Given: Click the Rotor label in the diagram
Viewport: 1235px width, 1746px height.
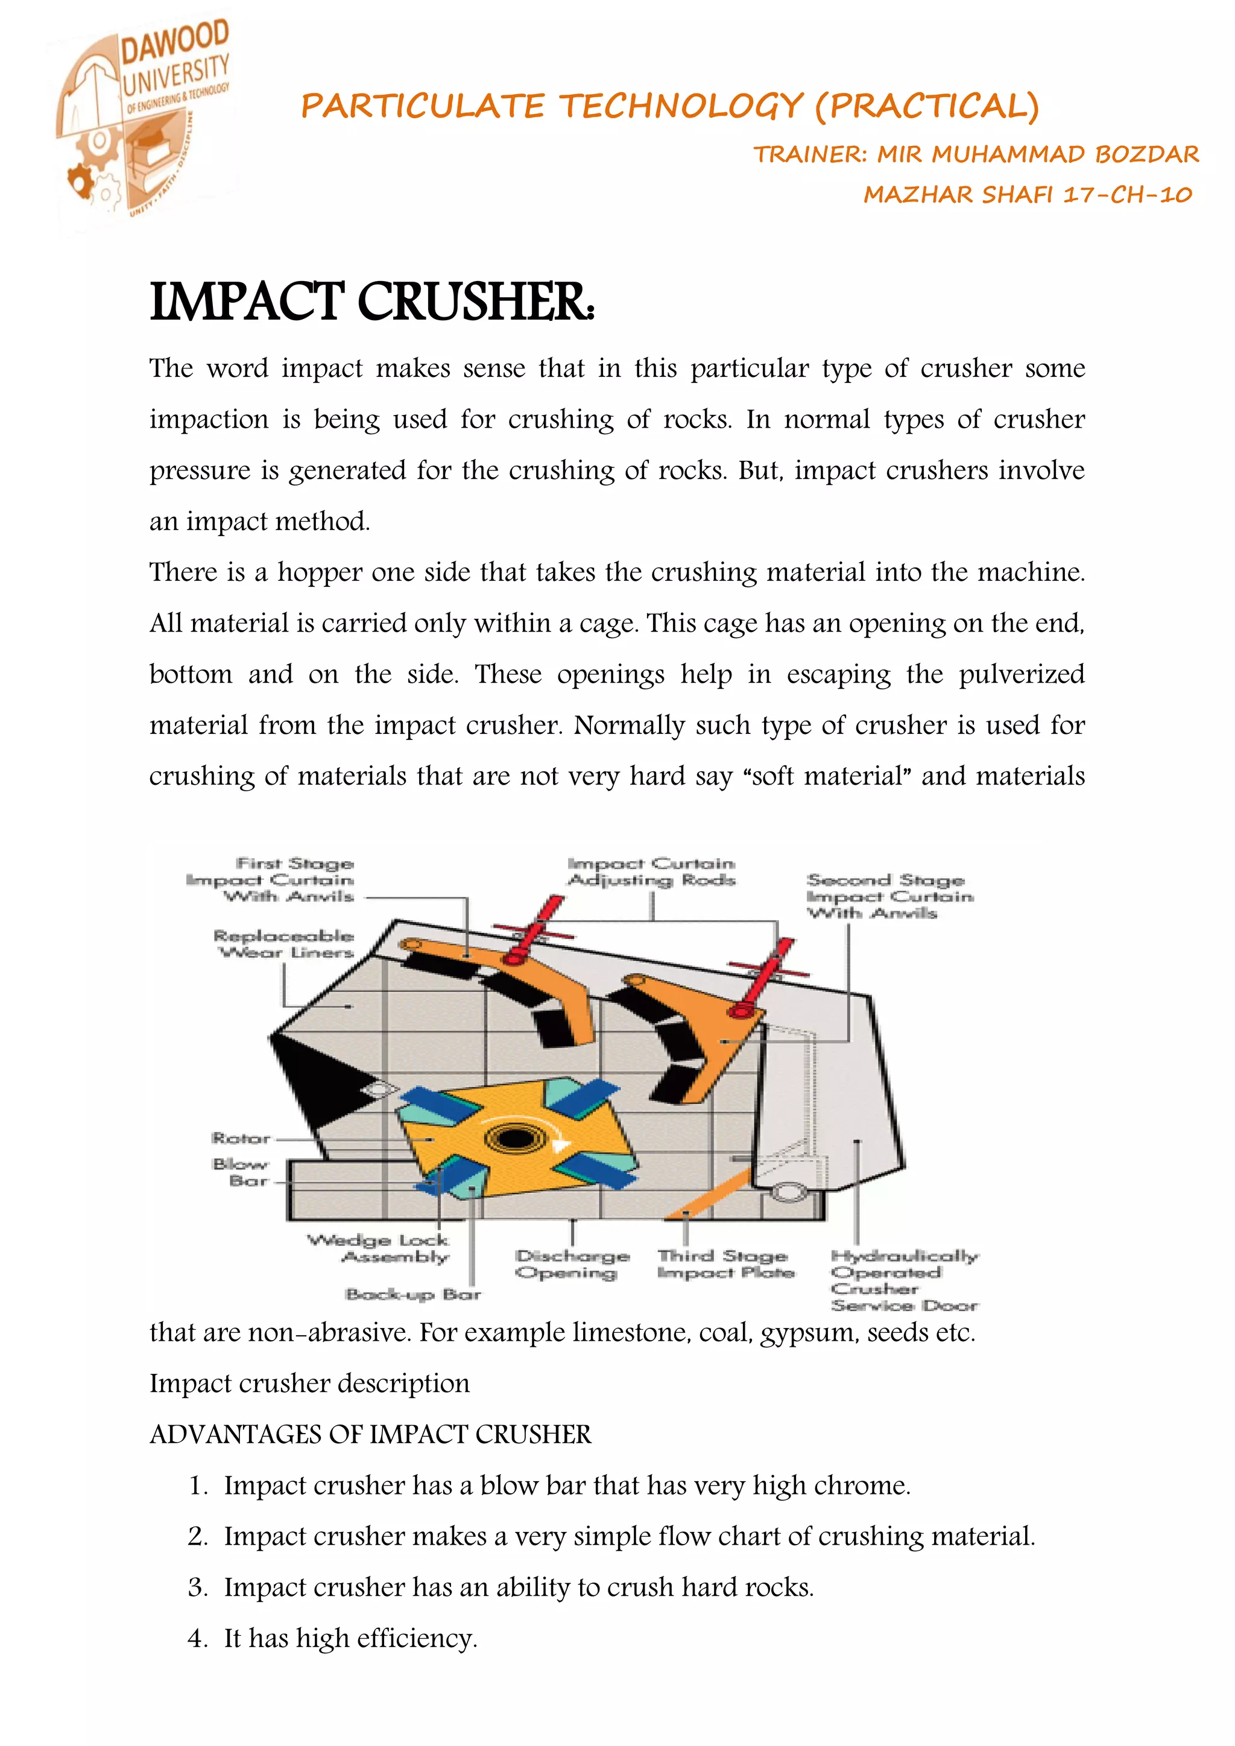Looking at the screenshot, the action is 241,1139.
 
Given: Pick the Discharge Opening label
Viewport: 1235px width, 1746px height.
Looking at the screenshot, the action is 572,1264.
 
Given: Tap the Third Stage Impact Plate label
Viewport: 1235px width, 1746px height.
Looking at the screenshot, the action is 725,1264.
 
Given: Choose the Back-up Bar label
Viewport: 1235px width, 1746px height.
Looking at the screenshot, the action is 413,1294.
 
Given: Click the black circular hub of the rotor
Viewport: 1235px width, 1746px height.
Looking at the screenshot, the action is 515,1139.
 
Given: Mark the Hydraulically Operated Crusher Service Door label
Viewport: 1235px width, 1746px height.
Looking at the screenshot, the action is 903,1280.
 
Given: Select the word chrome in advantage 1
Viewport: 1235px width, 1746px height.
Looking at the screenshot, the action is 865,1486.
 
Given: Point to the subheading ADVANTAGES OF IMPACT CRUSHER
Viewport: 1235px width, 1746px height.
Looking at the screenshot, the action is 370,1435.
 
